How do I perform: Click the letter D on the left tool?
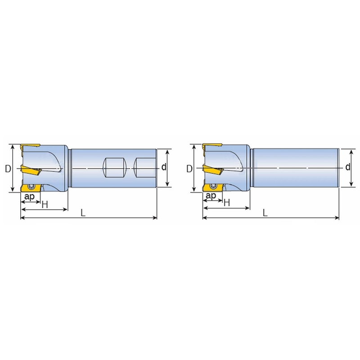click(x=8, y=169)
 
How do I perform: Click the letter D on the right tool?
click(x=189, y=169)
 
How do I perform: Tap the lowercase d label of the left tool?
click(x=164, y=167)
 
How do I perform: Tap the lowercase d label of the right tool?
click(x=348, y=167)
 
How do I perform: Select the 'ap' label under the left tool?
click(x=29, y=197)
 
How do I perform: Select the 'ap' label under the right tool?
click(x=211, y=196)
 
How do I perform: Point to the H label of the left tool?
click(x=45, y=204)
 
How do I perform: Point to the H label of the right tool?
click(x=227, y=203)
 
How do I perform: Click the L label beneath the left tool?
click(x=83, y=213)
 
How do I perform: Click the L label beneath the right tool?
click(x=265, y=213)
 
